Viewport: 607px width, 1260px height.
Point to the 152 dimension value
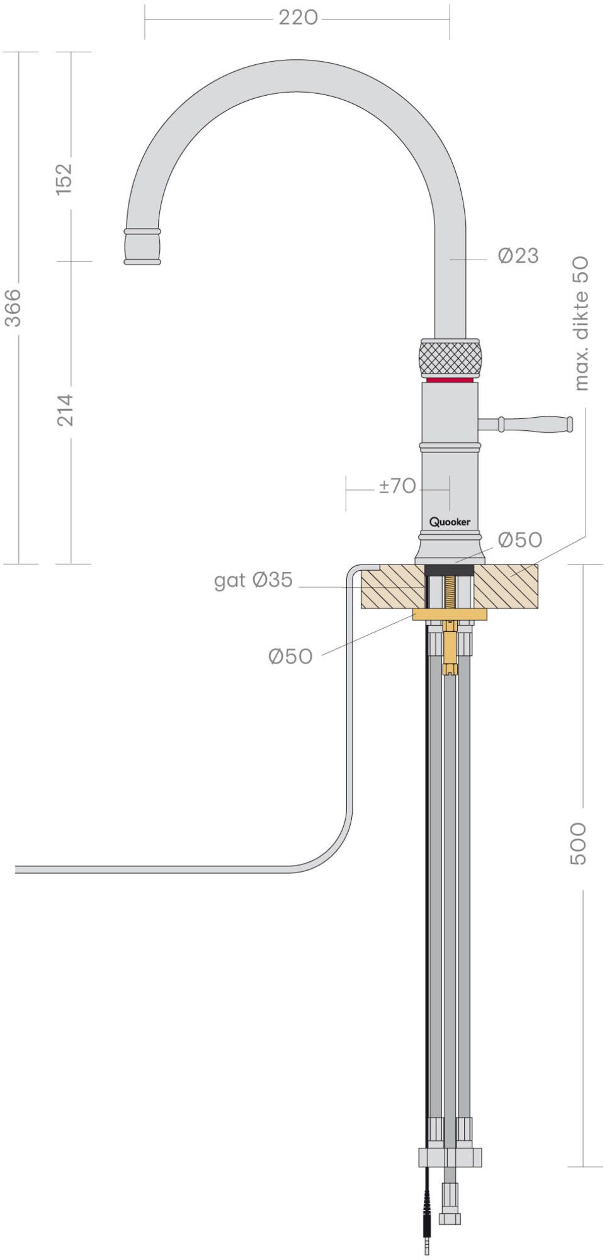[65, 178]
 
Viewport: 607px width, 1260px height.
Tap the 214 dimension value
[65, 409]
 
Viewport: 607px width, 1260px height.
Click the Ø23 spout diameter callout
[518, 256]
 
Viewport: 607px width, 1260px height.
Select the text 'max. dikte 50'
[582, 323]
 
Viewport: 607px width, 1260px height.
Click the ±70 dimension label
[397, 486]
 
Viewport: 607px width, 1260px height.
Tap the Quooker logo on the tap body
[450, 522]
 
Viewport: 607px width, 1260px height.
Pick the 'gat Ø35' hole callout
[253, 580]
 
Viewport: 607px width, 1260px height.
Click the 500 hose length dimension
[578, 843]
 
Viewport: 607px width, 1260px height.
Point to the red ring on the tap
[450, 381]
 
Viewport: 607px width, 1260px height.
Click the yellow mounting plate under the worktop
[450, 614]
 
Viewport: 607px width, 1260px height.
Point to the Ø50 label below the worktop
[290, 656]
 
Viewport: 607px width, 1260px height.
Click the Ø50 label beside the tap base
[519, 540]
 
